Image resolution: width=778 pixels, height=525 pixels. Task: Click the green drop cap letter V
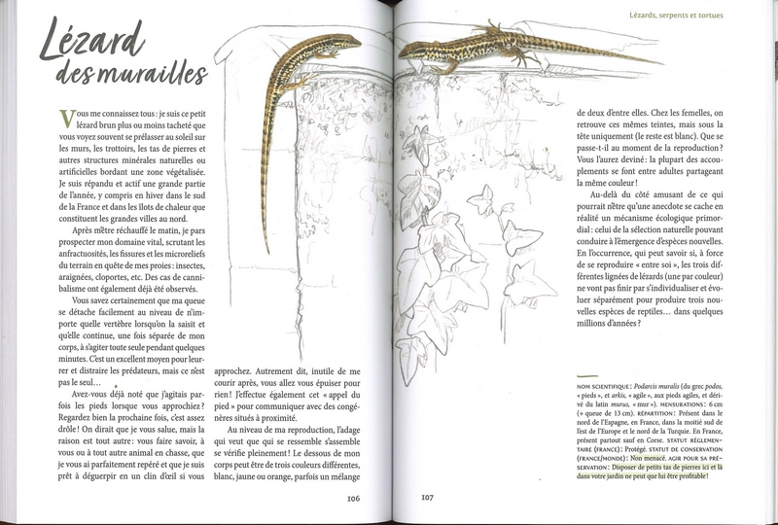67,118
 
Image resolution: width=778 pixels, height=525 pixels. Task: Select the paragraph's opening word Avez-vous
80,392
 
